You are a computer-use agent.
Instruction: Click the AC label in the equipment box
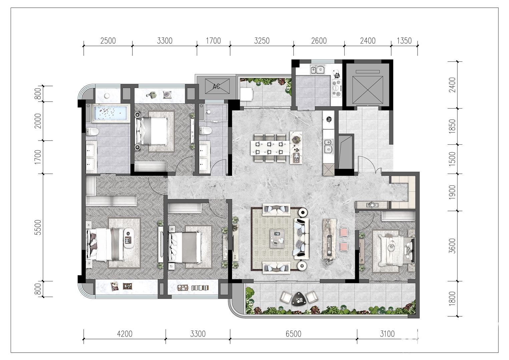(216, 86)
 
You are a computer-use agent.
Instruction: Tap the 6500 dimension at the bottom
(293, 334)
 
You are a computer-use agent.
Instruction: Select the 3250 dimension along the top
(262, 41)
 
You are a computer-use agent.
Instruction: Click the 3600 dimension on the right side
(452, 246)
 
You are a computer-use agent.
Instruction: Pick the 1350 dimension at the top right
(404, 41)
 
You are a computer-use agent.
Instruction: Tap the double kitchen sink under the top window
(318, 70)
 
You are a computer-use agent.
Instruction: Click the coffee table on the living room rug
(278, 238)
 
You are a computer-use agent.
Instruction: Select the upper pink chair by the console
(344, 232)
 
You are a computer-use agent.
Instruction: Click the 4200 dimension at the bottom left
(125, 334)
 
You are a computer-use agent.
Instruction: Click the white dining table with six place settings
(271, 148)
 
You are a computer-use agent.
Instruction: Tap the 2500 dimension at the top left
(108, 41)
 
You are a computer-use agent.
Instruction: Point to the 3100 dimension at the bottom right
(387, 334)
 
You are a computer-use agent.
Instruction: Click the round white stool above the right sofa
(303, 213)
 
